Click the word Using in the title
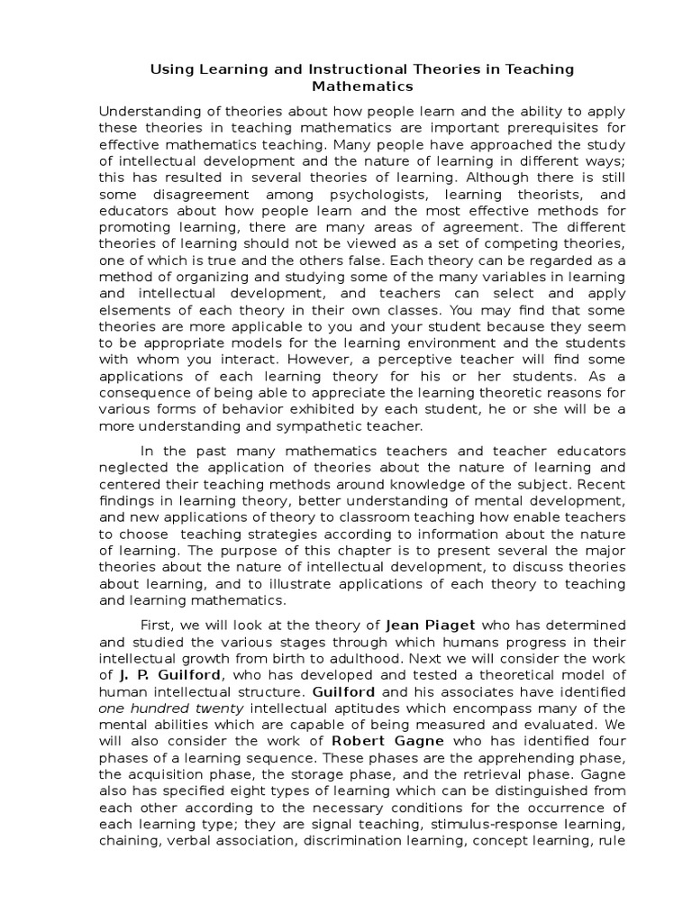pyautogui.click(x=167, y=69)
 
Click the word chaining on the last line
pyautogui.click(x=127, y=840)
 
